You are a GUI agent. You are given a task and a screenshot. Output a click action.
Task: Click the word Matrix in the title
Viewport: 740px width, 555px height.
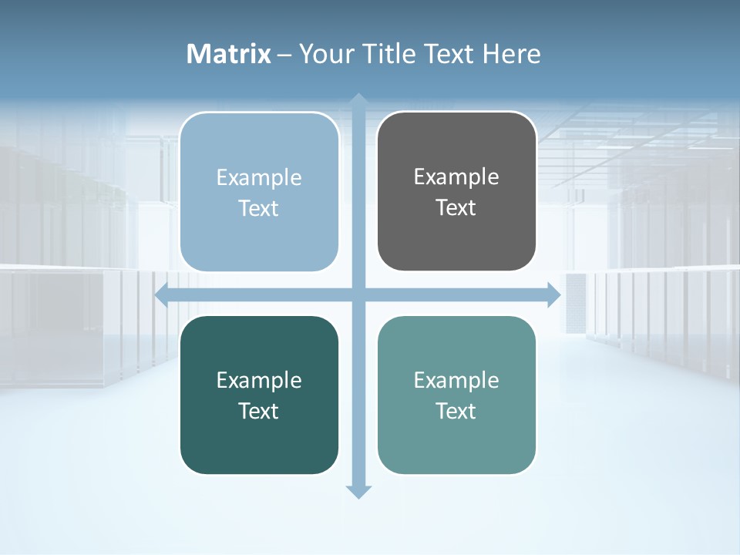coord(229,54)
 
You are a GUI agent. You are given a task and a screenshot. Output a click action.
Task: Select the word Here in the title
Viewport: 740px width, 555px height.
coord(512,54)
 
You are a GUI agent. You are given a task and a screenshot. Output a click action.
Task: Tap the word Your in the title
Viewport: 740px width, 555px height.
coord(326,54)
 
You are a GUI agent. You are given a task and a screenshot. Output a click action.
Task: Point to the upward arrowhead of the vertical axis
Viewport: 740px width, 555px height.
coord(358,100)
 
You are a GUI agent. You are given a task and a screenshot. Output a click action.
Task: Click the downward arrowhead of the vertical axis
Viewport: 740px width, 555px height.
coord(358,491)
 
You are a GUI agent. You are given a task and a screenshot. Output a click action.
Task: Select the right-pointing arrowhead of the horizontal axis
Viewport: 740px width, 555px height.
coord(553,295)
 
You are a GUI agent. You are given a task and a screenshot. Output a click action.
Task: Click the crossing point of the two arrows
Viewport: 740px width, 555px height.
coord(358,295)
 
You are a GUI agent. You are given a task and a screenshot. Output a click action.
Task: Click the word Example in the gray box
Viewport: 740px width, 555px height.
coord(456,177)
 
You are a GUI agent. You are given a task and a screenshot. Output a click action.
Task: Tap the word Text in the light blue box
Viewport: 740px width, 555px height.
coord(259,208)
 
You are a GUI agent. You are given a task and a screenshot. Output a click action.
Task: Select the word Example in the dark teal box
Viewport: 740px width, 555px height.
coord(259,380)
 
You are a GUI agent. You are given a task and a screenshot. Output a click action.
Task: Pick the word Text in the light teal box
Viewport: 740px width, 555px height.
coord(456,411)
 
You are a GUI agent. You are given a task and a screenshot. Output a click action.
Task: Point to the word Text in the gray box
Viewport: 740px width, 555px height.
coord(456,207)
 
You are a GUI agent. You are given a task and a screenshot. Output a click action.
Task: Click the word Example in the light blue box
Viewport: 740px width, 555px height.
coord(259,177)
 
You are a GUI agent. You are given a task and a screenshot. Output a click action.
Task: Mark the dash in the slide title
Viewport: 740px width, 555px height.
coord(284,55)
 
